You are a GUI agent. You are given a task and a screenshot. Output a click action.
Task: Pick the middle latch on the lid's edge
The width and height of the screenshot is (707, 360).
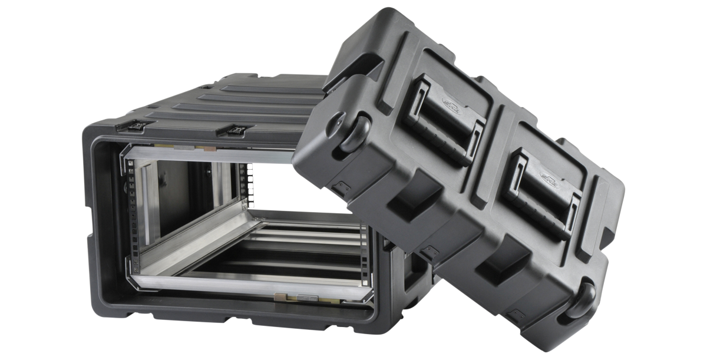point(430,253)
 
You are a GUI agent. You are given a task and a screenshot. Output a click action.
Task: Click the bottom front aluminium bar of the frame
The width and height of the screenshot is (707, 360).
point(247,286)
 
